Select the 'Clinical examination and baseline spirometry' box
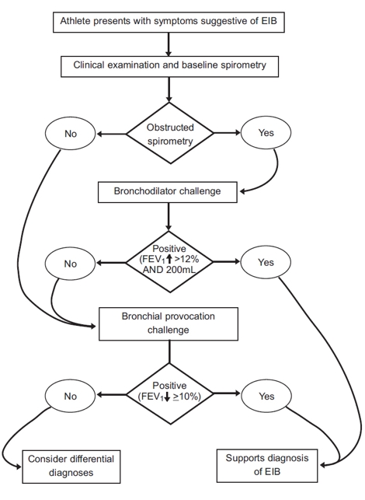(169, 65)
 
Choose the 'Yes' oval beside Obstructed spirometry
(266, 133)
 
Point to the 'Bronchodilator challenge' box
(167, 191)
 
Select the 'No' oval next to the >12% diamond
(71, 264)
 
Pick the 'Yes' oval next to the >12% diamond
(266, 263)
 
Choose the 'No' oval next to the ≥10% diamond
(71, 396)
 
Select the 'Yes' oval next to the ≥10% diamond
(266, 396)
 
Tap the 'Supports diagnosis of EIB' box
(266, 465)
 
